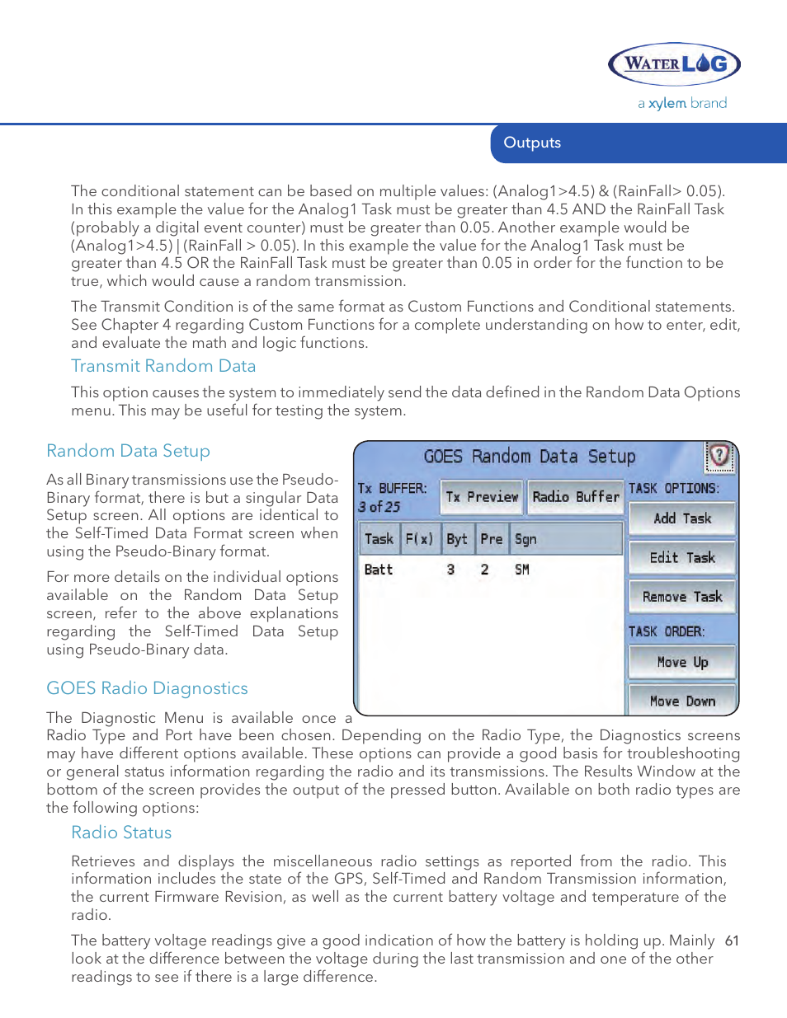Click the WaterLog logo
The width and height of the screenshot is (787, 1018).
tap(674, 64)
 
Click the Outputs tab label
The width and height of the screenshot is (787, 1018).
tap(532, 143)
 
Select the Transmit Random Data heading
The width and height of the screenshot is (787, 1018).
tap(163, 366)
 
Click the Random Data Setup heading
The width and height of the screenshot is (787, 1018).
tap(128, 451)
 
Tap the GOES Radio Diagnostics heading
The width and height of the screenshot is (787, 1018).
tap(147, 688)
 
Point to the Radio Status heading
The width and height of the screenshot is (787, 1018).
tap(121, 833)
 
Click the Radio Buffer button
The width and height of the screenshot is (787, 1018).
tap(575, 496)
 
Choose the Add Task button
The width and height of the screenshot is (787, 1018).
tap(681, 518)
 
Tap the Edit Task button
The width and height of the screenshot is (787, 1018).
tap(681, 557)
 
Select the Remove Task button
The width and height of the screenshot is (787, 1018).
tap(681, 596)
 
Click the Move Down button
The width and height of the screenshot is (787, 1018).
tap(681, 701)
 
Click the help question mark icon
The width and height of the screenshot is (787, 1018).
tap(719, 455)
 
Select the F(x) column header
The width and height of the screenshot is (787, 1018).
tap(419, 539)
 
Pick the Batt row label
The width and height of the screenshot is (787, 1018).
tap(379, 570)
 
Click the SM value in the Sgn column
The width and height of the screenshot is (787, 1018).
tap(522, 570)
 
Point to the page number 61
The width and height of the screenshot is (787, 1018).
tap(732, 941)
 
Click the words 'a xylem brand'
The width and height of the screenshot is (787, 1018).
tap(682, 103)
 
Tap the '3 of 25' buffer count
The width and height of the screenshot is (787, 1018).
tap(379, 507)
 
